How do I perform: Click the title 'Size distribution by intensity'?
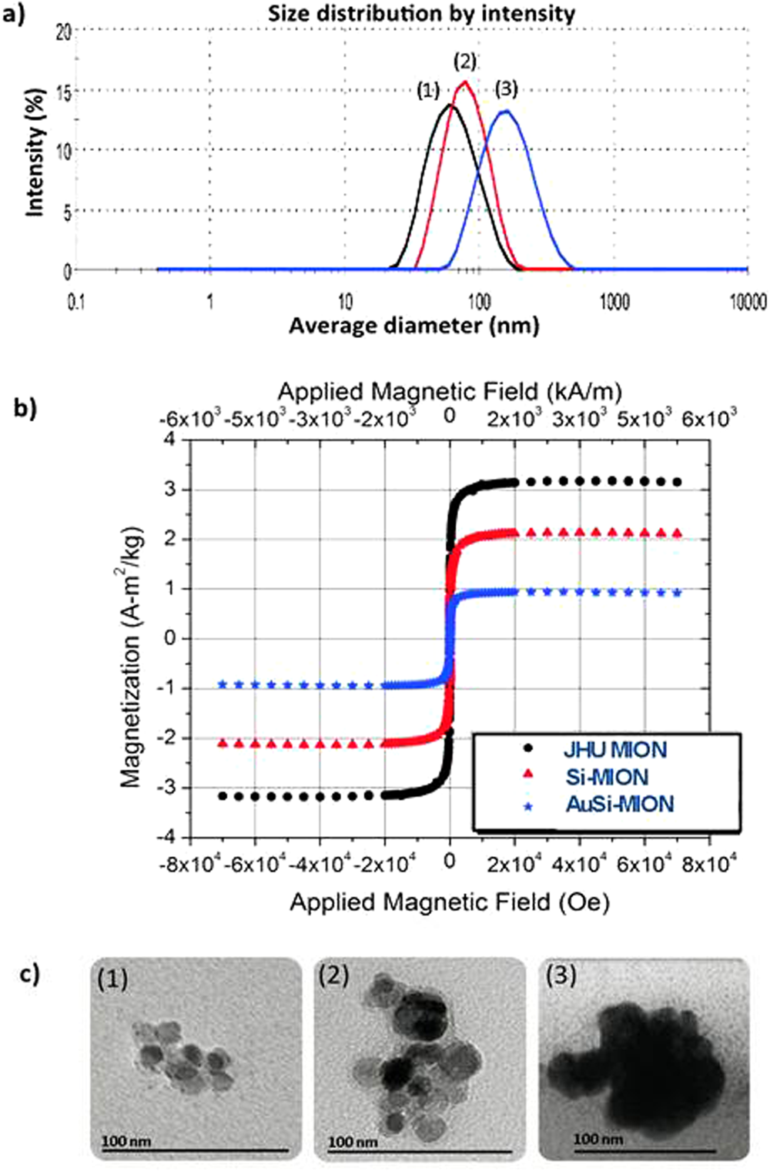tap(421, 13)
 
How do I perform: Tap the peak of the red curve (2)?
tap(464, 82)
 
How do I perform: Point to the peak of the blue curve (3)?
tap(505, 111)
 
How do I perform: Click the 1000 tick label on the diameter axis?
tap(614, 300)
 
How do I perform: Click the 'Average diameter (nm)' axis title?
tap(413, 326)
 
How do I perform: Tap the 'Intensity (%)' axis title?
tap(34, 152)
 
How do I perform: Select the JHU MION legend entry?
tap(614, 749)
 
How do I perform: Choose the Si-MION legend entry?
tap(607, 777)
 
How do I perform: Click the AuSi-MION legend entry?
tap(619, 804)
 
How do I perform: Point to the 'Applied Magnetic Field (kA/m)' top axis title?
tap(450, 391)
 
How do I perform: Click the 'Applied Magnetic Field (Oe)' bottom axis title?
tap(450, 902)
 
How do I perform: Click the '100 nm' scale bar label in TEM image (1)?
tap(126, 1140)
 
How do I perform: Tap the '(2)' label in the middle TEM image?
tap(333, 975)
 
